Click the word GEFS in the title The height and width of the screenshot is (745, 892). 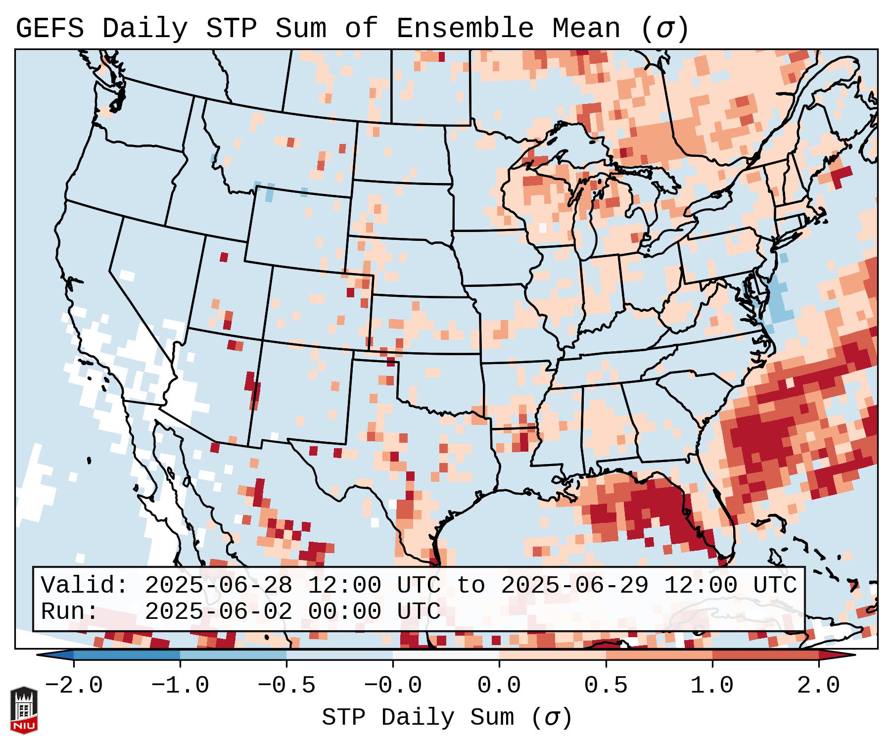49,29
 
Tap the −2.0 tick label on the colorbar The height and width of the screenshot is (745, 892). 74,686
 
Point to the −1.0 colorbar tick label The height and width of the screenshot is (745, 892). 180,686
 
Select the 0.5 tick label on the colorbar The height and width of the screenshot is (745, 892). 606,686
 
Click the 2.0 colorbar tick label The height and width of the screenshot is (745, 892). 819,686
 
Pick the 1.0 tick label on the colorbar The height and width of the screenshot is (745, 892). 712,686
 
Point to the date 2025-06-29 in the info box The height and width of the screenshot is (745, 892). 574,585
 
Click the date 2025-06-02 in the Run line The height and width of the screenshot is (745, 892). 218,611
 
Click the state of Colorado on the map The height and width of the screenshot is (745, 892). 317,307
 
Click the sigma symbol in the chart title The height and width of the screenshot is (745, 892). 665,29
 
